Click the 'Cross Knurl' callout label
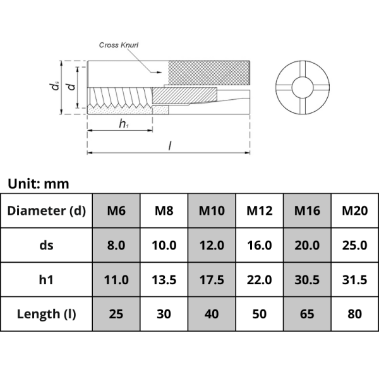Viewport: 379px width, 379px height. [120, 45]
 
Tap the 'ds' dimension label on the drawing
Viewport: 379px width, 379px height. [57, 87]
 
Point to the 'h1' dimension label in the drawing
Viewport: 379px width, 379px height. [124, 124]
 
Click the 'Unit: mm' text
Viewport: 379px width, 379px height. [38, 184]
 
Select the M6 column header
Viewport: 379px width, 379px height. [116, 210]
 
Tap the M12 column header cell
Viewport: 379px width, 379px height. [259, 210]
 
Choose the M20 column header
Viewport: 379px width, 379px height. [354, 210]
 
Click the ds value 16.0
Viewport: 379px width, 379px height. [259, 245]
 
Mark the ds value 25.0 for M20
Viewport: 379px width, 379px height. [354, 245]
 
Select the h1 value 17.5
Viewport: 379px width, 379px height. [212, 279]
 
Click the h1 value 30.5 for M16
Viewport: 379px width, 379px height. [307, 279]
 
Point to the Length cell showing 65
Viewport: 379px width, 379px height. [307, 314]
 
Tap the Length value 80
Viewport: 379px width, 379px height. [354, 314]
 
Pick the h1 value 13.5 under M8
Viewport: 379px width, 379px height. [164, 279]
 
